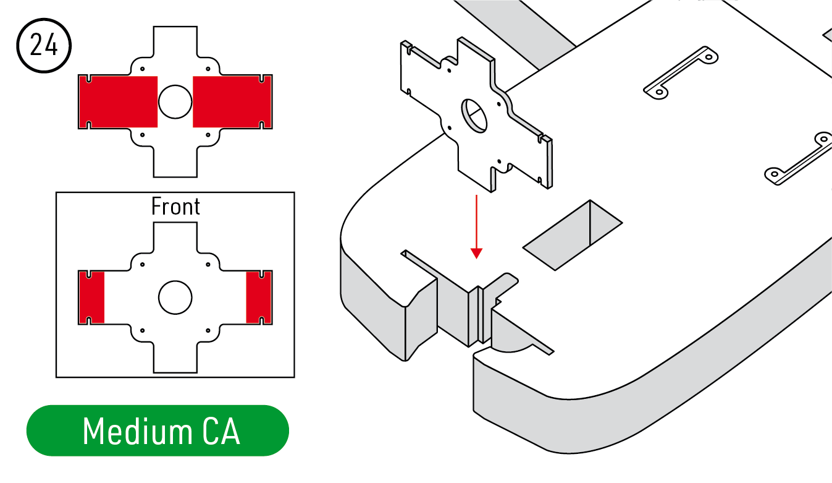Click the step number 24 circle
pos(44,46)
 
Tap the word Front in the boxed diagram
pos(175,207)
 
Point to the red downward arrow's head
pos(476,252)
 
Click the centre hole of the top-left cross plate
pos(175,101)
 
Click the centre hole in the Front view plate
pos(175,297)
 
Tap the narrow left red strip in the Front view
pos(91,297)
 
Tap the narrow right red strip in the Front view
pos(259,297)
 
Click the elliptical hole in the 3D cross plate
pos(474,115)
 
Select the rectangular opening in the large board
pos(573,235)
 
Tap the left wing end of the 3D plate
pos(406,68)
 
